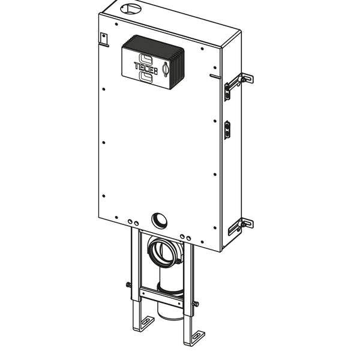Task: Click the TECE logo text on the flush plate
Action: tap(146, 67)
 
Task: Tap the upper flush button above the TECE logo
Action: tap(146, 58)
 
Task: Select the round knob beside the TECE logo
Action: tap(166, 70)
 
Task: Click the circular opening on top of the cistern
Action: tap(131, 9)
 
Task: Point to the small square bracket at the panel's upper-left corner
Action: tap(104, 38)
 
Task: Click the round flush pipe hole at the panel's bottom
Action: tap(159, 220)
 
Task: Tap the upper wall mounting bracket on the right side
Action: tap(239, 85)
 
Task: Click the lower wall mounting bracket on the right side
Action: tap(241, 226)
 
